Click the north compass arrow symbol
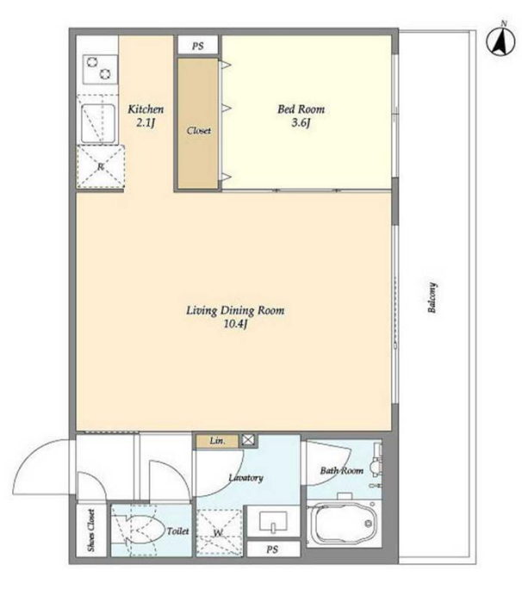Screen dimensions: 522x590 click(x=501, y=41)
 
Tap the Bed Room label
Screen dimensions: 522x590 click(x=301, y=109)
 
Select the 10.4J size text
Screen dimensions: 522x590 click(x=236, y=324)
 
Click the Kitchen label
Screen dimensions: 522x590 click(x=146, y=109)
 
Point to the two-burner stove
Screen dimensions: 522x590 click(x=99, y=69)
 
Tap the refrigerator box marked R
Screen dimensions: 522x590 click(x=101, y=167)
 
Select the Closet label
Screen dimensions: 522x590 click(x=199, y=131)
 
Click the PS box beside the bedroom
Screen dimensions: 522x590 click(x=198, y=46)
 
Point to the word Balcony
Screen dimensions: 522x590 click(x=432, y=298)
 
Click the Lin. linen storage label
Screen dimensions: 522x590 click(x=218, y=440)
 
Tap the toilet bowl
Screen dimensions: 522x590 click(x=143, y=531)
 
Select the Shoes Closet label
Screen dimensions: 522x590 click(x=91, y=531)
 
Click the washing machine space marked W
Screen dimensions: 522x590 click(x=219, y=532)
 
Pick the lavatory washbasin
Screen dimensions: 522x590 click(x=274, y=522)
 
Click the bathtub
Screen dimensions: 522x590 click(x=343, y=523)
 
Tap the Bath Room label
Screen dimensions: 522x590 click(x=342, y=470)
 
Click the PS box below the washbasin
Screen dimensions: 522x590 click(x=273, y=550)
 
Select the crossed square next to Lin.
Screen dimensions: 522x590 click(x=248, y=440)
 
